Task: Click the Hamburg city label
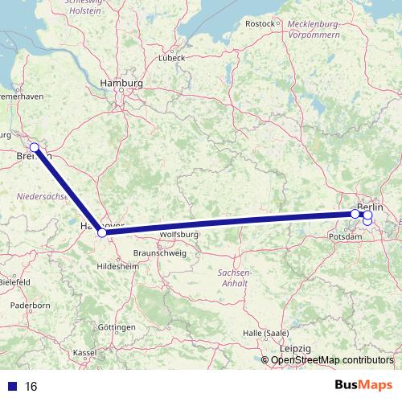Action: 121,84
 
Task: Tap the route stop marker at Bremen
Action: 35,147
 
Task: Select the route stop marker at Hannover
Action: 102,233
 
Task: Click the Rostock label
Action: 260,24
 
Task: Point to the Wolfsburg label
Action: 179,234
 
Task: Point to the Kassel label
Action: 85,352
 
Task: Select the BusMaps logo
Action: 363,385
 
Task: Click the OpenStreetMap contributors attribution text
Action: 332,359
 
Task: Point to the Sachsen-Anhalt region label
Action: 234,278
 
